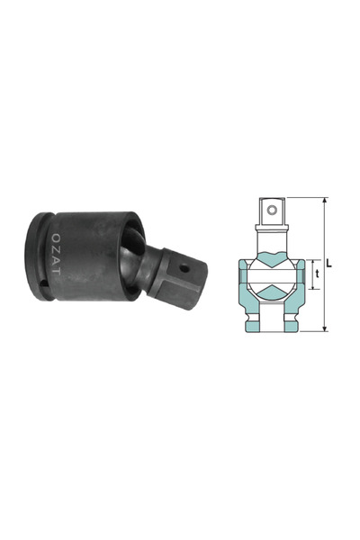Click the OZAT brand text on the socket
(56, 255)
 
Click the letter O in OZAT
(56, 238)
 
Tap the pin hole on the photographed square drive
(184, 266)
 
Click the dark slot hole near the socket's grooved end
(43, 283)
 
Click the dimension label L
(329, 264)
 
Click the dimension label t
(318, 274)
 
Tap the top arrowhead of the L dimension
(325, 201)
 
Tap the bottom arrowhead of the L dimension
(325, 328)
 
